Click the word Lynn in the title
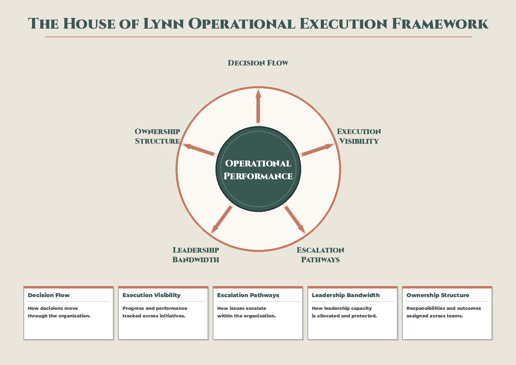[x=163, y=24]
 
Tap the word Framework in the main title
[x=440, y=24]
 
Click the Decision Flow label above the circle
[x=258, y=63]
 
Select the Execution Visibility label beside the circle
[x=359, y=136]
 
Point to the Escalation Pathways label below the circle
[x=320, y=255]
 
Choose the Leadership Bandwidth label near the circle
[x=196, y=255]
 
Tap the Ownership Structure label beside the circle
[x=157, y=136]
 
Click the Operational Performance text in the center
[x=258, y=170]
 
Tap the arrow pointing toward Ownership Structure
[x=199, y=150]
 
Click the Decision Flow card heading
[x=49, y=295]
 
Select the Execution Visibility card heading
[x=151, y=295]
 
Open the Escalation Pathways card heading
[x=248, y=295]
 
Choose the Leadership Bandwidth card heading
[x=346, y=295]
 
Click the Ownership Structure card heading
[x=438, y=295]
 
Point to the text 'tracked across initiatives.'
[x=154, y=316]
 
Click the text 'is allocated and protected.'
[x=344, y=316]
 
